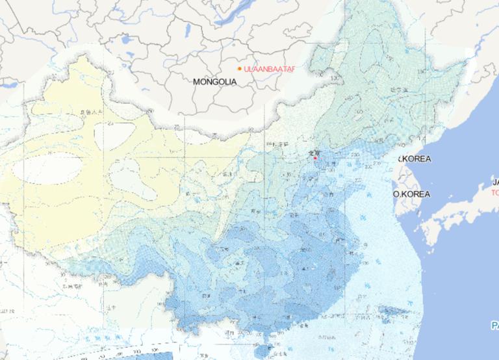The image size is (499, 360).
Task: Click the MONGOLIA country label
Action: coord(215,82)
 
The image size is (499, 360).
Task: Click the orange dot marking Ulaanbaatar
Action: coord(239,68)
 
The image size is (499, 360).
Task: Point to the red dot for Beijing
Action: coord(314,157)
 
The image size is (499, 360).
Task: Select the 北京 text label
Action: coord(313,152)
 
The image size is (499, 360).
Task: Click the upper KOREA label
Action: coord(413,159)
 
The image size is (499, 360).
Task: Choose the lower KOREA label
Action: coord(412,194)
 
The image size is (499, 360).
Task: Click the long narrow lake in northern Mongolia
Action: coord(188,31)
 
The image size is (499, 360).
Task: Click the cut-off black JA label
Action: coord(494,182)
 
